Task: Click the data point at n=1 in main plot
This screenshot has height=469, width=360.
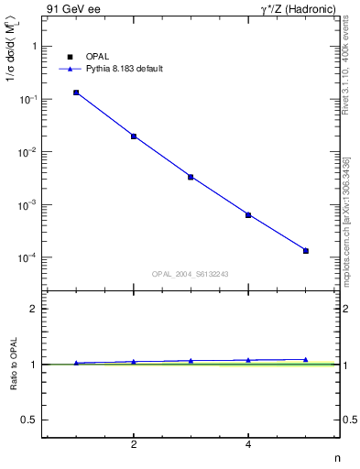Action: tap(76, 93)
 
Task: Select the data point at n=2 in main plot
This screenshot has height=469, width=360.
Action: tap(134, 136)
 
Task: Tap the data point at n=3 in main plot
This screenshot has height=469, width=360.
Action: tap(191, 177)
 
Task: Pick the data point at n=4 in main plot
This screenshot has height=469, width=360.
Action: tap(248, 215)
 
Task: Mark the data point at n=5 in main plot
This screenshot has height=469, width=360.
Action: tap(306, 251)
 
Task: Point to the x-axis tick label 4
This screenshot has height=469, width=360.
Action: tap(248, 445)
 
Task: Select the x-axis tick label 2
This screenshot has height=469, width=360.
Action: tap(134, 445)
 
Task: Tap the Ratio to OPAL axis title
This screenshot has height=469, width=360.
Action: tap(14, 365)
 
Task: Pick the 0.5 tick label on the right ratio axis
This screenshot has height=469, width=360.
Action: tap(349, 420)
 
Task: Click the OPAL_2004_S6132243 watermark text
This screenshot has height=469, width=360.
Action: tap(190, 273)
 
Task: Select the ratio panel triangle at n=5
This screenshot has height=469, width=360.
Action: tap(306, 360)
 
